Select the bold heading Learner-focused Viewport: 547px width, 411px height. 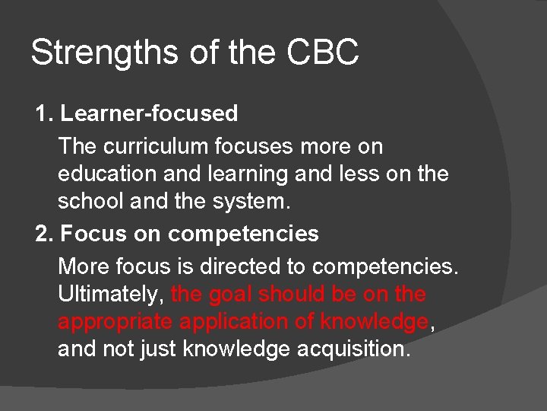coord(149,113)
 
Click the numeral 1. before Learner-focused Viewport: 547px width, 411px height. coord(45,113)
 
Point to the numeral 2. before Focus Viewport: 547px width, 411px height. coord(45,234)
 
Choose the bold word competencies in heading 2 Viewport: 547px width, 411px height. coord(244,234)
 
